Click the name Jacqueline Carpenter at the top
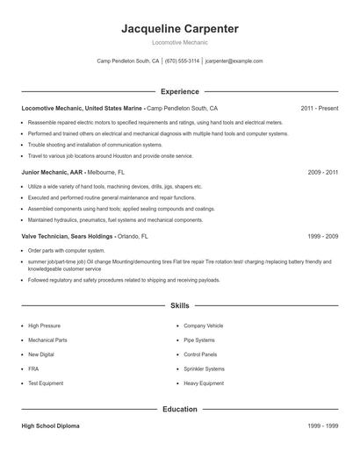point(179,29)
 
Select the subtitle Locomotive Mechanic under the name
point(179,42)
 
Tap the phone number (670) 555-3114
point(183,61)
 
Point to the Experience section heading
point(179,91)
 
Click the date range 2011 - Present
point(319,108)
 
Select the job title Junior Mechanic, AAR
point(54,173)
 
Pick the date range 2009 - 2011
point(323,173)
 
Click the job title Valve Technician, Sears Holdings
point(68,237)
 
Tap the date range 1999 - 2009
point(323,237)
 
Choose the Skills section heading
point(179,305)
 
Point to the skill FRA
point(33,368)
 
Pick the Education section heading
point(179,409)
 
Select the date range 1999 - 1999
point(323,426)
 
